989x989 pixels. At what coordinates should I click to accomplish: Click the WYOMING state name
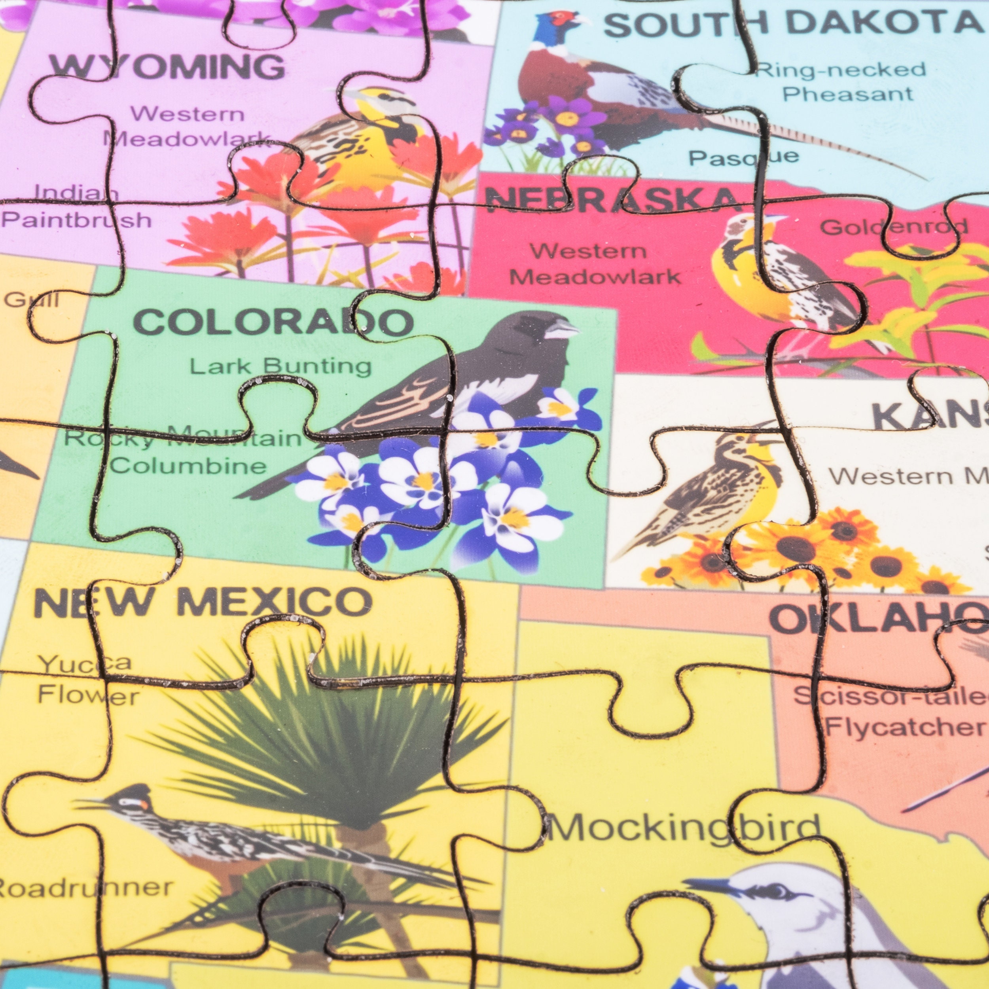point(167,66)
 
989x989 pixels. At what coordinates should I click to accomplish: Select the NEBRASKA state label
point(612,200)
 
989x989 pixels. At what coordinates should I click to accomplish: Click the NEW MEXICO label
point(202,602)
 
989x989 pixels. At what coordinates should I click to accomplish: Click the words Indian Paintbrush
point(77,207)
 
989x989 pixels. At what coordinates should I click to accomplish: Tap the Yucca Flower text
point(87,680)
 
